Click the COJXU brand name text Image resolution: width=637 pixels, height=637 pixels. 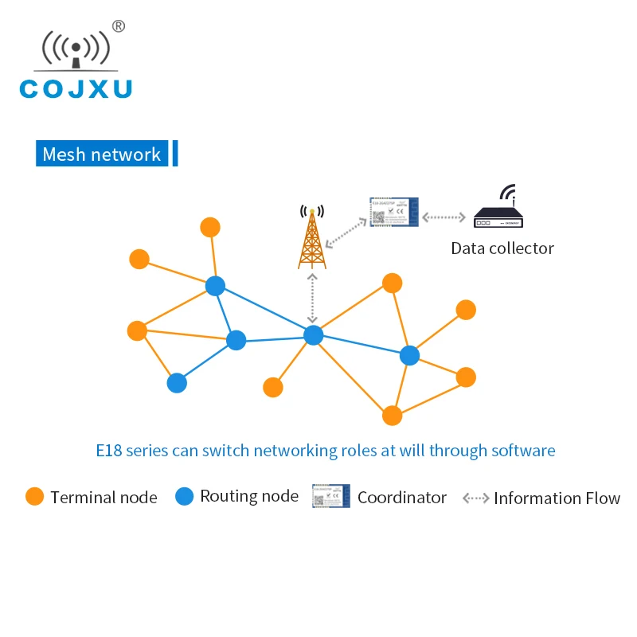point(76,88)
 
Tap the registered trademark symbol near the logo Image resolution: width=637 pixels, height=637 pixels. point(118,26)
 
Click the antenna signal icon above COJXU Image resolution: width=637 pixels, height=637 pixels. point(75,50)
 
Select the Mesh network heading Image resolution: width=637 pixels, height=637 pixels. point(101,154)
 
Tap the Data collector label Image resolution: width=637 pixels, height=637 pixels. point(502,248)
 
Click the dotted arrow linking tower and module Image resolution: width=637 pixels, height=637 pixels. point(347,230)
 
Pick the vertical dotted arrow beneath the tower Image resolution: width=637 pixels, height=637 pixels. point(312,298)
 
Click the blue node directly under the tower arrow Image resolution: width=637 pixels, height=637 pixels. point(314,335)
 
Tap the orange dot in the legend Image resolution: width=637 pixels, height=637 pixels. point(34,497)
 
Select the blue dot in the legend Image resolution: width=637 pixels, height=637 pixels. point(185,497)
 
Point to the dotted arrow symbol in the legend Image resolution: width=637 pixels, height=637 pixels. point(476,498)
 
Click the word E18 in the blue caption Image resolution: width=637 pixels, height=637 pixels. point(109,451)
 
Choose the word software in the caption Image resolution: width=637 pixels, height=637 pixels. point(522,451)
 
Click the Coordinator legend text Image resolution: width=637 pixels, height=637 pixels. point(401,498)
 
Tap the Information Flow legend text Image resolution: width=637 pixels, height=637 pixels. point(557,498)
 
